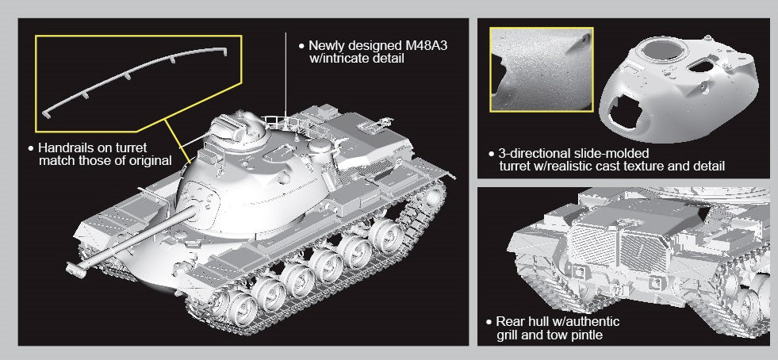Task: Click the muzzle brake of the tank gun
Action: [75, 270]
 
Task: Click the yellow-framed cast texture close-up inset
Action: [542, 70]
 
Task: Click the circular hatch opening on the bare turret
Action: [664, 50]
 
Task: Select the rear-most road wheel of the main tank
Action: [386, 234]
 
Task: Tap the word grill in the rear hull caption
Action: [507, 335]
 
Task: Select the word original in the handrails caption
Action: [149, 161]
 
